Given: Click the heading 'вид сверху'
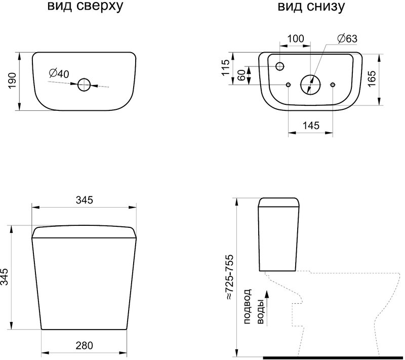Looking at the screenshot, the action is point(85,6).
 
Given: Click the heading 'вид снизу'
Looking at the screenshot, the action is point(311,6).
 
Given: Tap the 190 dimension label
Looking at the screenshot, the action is point(12,81).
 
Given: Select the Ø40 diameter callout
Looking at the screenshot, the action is point(59,74).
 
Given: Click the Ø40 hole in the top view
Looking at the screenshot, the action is point(84,85).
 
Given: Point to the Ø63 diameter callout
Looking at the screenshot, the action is point(347,38).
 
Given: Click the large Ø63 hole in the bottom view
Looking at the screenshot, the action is point(310,85).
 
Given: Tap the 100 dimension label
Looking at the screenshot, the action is point(296,39).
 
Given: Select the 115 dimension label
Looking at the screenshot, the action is point(225,68).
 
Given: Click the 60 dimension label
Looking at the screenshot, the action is point(241,75).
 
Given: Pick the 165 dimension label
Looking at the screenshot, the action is point(372,78).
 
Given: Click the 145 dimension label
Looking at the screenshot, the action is point(311,126).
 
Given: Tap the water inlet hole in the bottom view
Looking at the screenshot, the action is point(280,66).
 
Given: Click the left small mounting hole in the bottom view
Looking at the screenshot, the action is point(288,85).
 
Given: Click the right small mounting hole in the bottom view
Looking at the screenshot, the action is point(333,85).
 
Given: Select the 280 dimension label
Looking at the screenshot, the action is point(84,345).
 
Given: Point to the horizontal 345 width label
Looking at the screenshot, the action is point(84,200).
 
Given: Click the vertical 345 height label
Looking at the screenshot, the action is point(4,277).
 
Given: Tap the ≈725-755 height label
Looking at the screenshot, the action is point(229,277).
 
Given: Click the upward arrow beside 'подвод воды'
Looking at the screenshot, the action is point(267,307).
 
